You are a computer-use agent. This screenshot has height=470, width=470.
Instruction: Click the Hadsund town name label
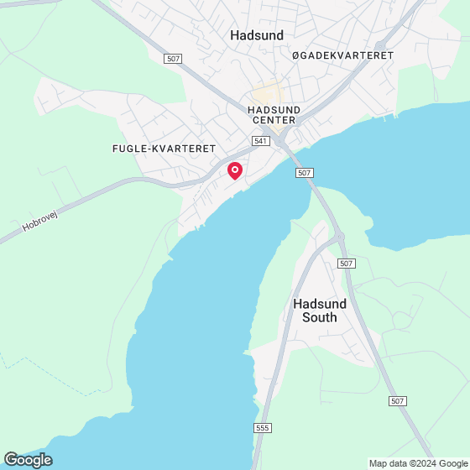(x=257, y=35)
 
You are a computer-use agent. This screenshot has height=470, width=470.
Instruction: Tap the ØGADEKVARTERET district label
(x=342, y=55)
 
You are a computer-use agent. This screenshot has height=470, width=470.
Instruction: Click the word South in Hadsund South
(x=320, y=317)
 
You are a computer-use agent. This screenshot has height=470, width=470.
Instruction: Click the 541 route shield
(x=260, y=141)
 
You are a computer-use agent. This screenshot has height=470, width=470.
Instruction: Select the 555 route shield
(x=263, y=428)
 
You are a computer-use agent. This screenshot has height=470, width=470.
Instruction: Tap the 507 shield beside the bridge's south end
(x=305, y=173)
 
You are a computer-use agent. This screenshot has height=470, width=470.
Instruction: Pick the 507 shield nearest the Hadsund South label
(x=347, y=264)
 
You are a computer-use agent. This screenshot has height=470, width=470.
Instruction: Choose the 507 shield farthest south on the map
(x=398, y=402)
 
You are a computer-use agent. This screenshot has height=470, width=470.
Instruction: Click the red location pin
(x=235, y=170)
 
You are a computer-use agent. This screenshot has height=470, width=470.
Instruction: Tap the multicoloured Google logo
(x=28, y=459)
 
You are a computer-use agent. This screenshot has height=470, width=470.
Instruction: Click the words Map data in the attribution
(x=389, y=463)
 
